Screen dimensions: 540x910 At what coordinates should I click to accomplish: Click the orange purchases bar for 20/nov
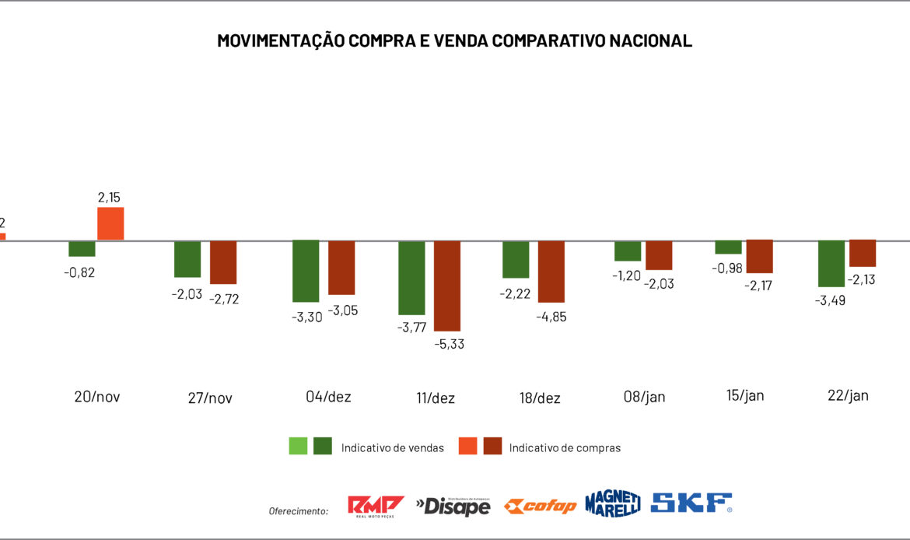(x=110, y=223)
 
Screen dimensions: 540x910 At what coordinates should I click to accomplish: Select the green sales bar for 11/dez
(x=411, y=277)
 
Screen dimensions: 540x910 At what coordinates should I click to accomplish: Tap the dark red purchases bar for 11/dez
(x=447, y=286)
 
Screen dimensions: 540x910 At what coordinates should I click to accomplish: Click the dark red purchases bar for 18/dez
(x=551, y=271)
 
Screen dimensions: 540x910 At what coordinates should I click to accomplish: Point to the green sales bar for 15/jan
(x=728, y=247)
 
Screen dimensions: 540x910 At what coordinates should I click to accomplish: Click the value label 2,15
(x=110, y=198)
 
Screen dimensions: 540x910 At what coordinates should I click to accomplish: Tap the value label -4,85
(x=551, y=316)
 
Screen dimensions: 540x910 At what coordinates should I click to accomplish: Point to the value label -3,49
(x=831, y=300)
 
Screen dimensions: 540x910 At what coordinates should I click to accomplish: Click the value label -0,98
(x=726, y=268)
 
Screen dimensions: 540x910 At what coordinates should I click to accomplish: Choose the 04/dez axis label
(x=328, y=397)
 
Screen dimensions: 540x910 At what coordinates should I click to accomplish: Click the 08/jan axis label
(x=645, y=397)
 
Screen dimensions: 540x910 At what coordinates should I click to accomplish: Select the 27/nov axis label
(x=210, y=398)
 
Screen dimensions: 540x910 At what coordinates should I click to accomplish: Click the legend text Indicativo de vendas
(x=393, y=447)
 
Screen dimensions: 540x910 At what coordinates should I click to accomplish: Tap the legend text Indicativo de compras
(x=565, y=447)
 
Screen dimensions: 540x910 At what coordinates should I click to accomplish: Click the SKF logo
(x=691, y=503)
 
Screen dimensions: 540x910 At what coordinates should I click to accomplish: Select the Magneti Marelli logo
(x=613, y=503)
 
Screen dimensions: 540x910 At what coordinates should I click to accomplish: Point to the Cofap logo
(x=540, y=507)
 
